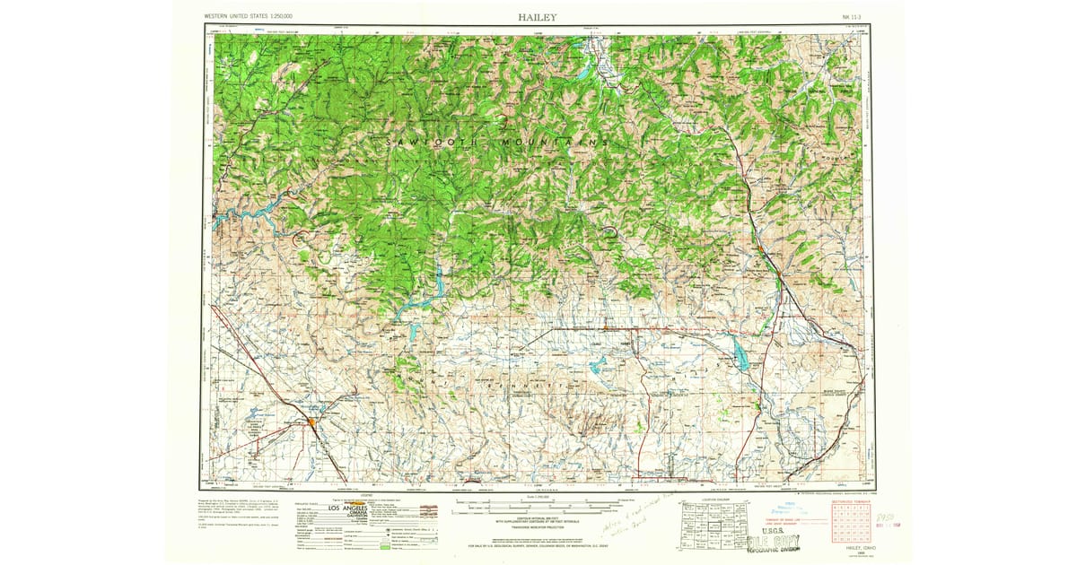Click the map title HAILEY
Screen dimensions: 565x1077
point(537,16)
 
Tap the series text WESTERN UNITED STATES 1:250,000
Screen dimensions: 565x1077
point(254,16)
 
